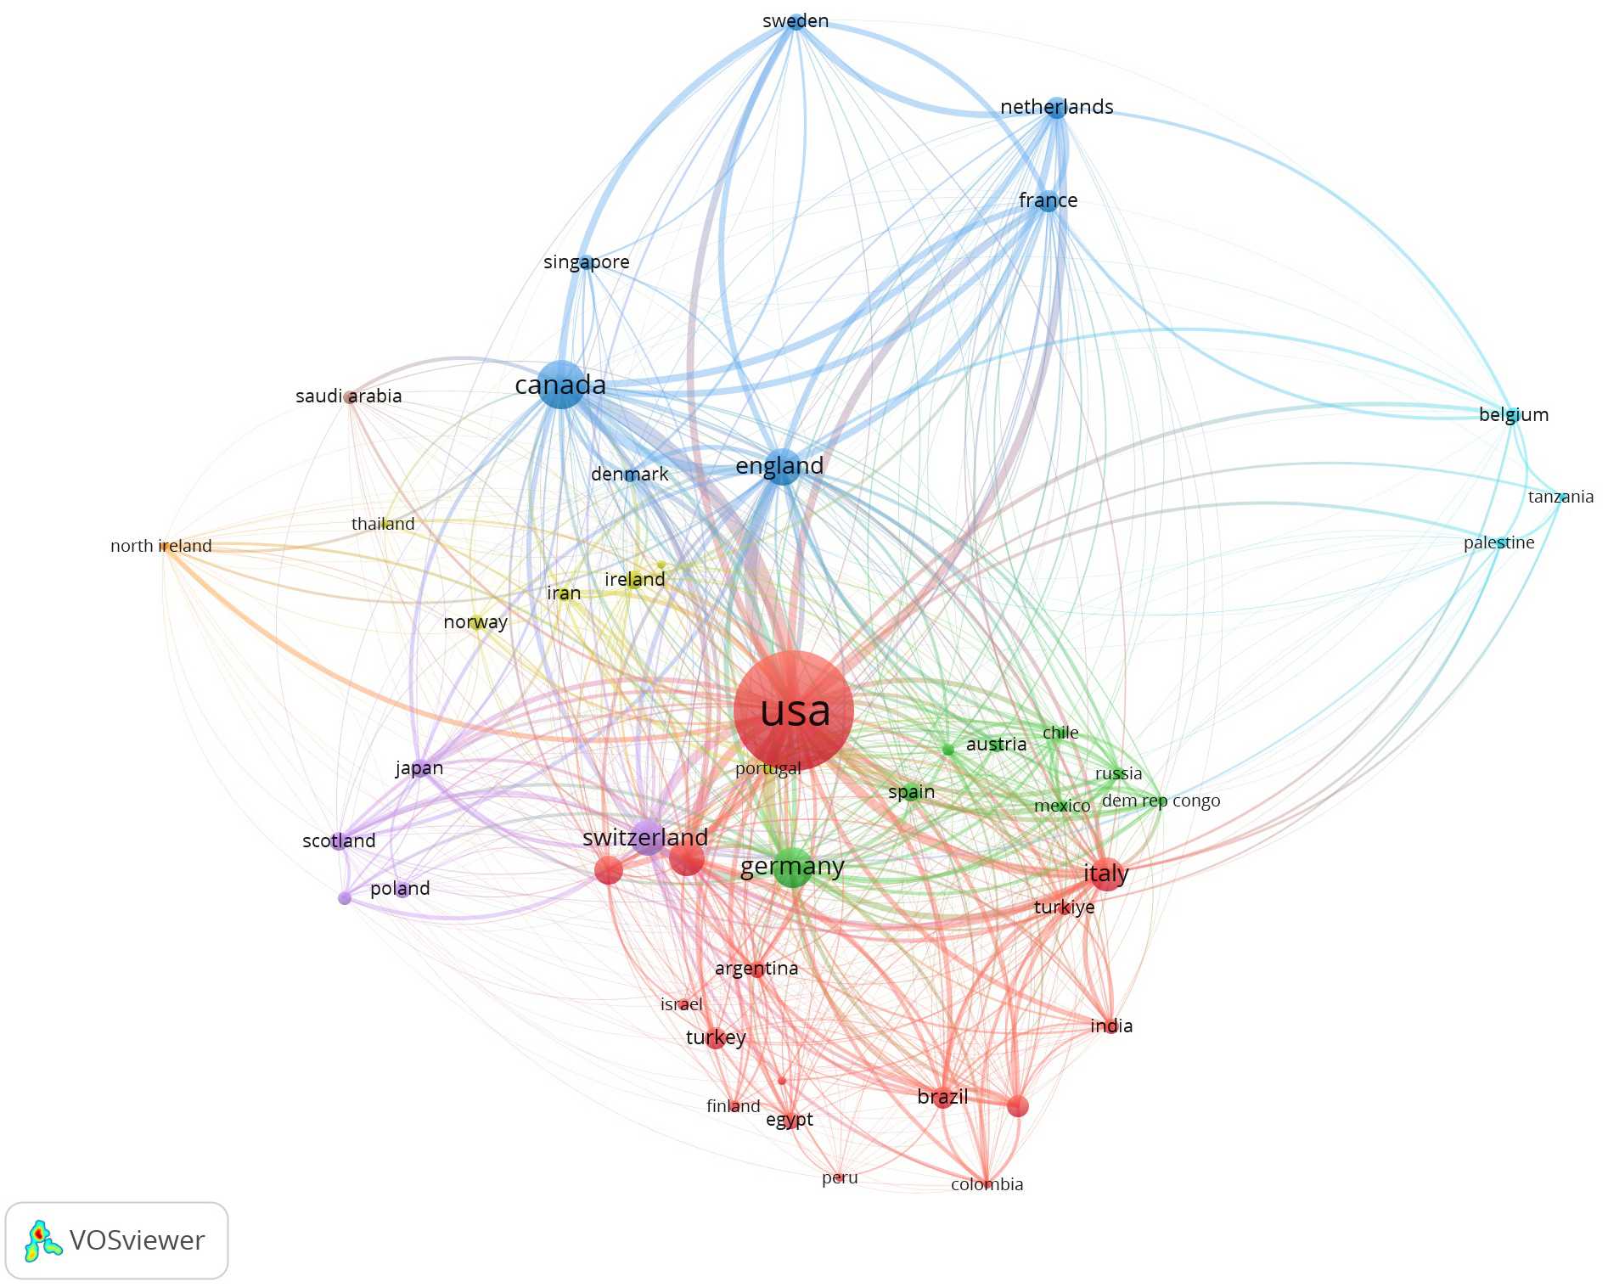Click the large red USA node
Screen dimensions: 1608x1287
793,711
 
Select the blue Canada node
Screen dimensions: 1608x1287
560,385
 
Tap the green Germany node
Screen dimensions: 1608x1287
792,867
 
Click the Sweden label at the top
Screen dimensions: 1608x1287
796,21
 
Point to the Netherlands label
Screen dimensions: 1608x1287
1056,107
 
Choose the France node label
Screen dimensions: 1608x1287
1048,200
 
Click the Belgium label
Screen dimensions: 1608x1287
1513,414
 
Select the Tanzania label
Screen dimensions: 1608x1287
1560,497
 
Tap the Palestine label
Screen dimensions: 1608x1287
1498,542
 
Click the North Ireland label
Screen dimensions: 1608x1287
161,546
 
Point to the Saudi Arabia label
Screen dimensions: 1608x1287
348,396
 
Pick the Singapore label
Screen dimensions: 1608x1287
586,262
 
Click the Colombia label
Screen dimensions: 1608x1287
987,1184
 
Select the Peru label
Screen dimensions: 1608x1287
840,1177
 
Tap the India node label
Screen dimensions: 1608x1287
1111,1026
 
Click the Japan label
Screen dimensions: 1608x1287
419,768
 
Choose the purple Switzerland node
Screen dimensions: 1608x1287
647,836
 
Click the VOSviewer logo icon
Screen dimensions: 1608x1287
42,1240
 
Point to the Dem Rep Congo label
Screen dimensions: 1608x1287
1161,801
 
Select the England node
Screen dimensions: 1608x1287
782,466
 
